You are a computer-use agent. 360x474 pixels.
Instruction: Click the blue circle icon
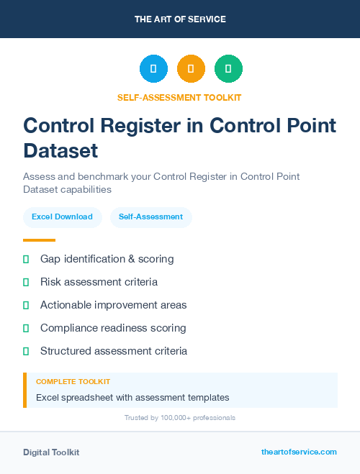click(153, 69)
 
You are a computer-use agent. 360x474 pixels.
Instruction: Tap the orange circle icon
click(191, 69)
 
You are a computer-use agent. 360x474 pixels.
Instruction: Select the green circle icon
click(228, 69)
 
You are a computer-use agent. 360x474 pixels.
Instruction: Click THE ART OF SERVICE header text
click(180, 19)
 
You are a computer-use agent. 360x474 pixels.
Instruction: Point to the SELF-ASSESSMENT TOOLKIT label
click(179, 97)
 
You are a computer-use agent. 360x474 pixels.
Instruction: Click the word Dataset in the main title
click(60, 151)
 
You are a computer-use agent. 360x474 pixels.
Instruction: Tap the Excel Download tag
click(62, 217)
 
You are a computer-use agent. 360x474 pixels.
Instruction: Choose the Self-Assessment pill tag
click(150, 217)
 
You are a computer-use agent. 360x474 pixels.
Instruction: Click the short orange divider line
click(39, 240)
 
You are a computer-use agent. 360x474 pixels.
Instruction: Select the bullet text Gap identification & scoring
click(107, 259)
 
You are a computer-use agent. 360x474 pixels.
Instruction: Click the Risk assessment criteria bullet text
click(99, 282)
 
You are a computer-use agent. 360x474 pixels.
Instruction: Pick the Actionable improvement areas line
click(113, 305)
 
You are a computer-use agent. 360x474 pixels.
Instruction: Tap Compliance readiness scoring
click(113, 328)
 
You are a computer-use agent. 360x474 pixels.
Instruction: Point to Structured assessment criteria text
click(114, 351)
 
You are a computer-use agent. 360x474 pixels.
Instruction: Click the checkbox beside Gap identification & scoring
click(26, 259)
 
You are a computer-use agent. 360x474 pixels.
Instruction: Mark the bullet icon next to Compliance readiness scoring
click(26, 328)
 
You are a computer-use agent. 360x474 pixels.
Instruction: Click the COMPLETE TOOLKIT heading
click(73, 382)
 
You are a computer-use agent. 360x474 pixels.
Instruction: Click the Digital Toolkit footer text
click(51, 452)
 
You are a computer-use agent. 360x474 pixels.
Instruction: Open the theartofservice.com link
click(299, 452)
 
